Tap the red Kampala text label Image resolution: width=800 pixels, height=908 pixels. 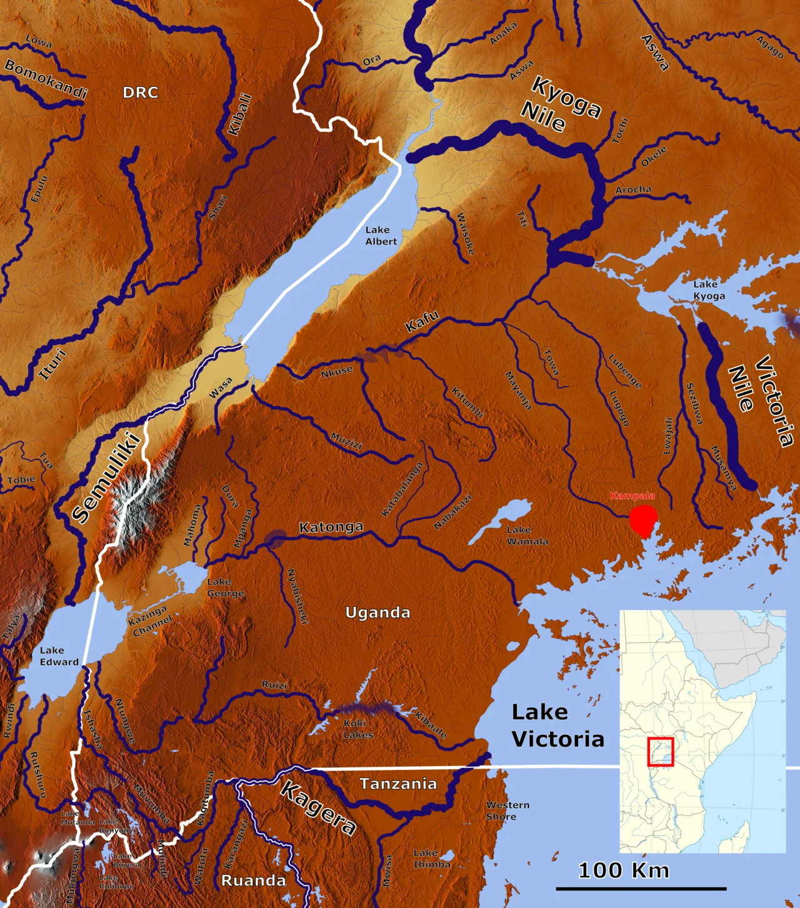click(x=632, y=496)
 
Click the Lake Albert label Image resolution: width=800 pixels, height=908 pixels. click(x=381, y=236)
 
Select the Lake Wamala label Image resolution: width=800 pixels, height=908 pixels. click(x=527, y=536)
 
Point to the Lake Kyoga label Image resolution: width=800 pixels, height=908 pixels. click(x=709, y=290)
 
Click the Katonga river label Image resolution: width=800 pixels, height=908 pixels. click(x=331, y=527)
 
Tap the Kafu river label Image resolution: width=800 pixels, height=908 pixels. click(x=422, y=321)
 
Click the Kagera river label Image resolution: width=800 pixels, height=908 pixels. click(x=319, y=807)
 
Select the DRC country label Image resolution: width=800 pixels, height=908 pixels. click(x=140, y=92)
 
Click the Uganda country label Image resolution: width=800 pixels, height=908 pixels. click(x=377, y=612)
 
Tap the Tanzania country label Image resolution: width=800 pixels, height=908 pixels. click(x=398, y=784)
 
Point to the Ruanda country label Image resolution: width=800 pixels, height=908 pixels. click(x=253, y=881)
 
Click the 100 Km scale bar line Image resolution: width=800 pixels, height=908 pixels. click(x=641, y=888)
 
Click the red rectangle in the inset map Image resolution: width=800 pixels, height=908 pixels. click(x=660, y=752)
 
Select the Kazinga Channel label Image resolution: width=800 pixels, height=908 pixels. click(x=149, y=620)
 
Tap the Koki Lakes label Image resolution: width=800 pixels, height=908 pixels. click(x=357, y=729)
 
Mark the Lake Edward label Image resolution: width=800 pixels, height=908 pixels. click(x=59, y=656)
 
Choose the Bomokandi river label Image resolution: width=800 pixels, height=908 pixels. click(x=45, y=79)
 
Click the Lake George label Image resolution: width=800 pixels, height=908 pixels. click(x=225, y=587)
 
